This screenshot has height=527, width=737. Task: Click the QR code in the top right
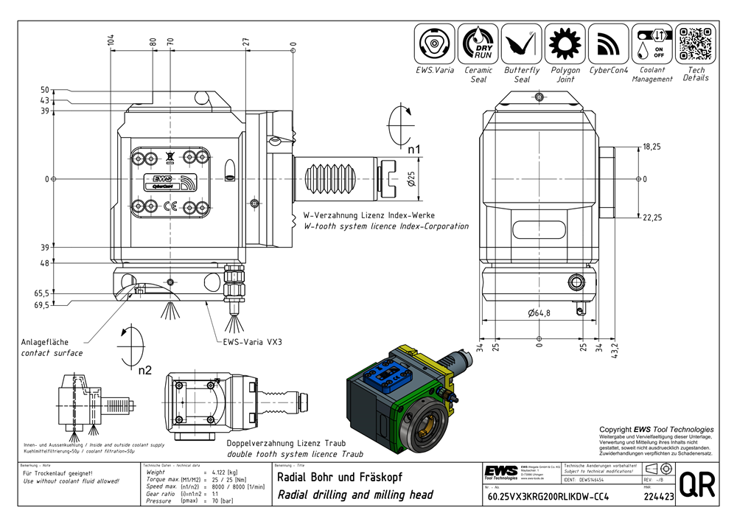(696, 44)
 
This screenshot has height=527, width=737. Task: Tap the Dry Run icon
(478, 44)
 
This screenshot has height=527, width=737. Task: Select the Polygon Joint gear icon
(565, 44)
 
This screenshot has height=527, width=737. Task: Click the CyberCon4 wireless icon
(609, 44)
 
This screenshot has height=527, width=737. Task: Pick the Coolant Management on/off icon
(652, 44)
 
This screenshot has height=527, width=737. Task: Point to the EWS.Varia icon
(435, 44)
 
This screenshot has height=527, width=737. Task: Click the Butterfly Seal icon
(522, 44)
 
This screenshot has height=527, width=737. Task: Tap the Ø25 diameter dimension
(411, 178)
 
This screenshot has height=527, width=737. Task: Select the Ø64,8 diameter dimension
(539, 313)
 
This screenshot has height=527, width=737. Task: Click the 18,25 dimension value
(651, 147)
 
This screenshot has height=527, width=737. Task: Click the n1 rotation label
(414, 150)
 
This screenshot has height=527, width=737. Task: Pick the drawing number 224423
(658, 496)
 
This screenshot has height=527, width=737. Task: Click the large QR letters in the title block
(695, 484)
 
